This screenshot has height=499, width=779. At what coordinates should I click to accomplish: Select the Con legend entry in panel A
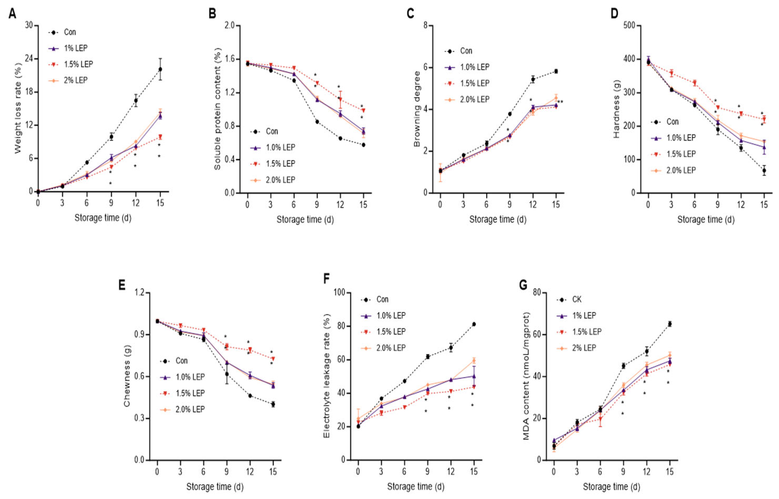click(70, 32)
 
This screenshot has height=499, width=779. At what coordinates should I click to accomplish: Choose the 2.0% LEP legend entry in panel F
click(391, 348)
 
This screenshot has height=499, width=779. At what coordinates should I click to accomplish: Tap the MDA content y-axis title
click(527, 376)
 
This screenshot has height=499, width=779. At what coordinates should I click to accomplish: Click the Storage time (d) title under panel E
click(215, 487)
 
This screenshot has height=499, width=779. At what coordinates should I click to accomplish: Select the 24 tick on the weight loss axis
click(29, 59)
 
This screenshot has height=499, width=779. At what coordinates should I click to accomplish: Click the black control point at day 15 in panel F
click(474, 324)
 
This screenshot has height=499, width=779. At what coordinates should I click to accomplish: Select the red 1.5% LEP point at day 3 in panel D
click(671, 74)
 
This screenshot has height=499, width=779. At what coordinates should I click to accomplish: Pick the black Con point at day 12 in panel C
click(533, 79)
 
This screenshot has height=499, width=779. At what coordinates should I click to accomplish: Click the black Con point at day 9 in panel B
click(317, 122)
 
